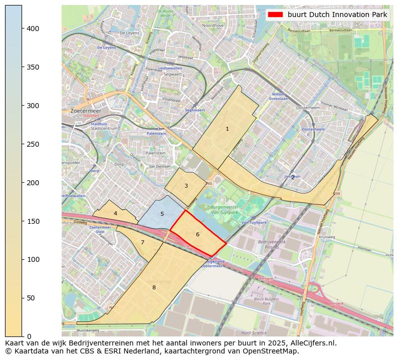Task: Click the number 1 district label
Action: (227, 129)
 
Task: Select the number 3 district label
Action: (186, 186)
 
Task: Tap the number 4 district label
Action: (115, 213)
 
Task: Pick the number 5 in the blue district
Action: (162, 214)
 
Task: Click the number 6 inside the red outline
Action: (197, 234)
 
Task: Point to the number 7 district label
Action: (142, 243)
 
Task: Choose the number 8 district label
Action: (154, 287)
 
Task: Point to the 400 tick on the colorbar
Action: (33, 29)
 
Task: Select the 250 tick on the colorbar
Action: (33, 144)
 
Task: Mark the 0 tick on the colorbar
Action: (29, 336)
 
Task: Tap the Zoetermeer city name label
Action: (86, 111)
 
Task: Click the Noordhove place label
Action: (213, 25)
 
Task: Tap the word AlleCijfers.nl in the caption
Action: (310, 343)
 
